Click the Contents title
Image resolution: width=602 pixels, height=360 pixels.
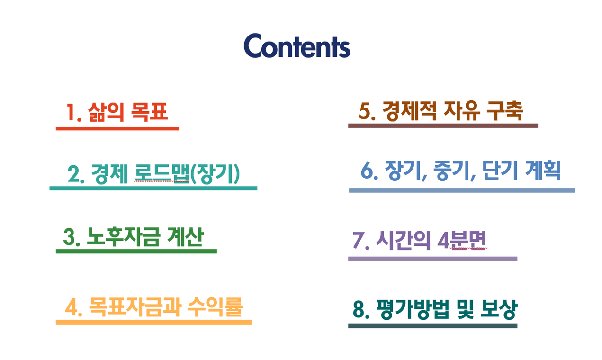[x=297, y=45]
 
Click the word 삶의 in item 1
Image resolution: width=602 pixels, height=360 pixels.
[x=106, y=112]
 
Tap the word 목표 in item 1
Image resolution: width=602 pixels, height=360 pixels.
[x=149, y=112]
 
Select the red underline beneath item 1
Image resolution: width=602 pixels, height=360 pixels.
[x=117, y=128]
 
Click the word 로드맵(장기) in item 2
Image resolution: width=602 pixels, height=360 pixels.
[x=187, y=174]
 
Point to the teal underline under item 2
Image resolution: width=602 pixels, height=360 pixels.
[x=153, y=188]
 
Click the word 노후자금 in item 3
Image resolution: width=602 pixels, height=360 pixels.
[x=123, y=237]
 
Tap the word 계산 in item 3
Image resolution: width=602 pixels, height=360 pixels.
[x=185, y=236]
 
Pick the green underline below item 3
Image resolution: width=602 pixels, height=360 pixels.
[x=136, y=252]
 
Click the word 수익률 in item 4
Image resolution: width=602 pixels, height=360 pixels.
[x=215, y=307]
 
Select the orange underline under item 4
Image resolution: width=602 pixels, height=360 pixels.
[x=154, y=323]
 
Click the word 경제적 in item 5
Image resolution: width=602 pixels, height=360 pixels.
[x=409, y=111]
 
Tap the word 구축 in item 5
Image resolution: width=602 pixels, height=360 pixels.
[x=505, y=111]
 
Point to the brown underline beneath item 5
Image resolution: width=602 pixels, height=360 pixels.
[x=443, y=126]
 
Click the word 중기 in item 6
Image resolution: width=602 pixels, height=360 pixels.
[x=454, y=171]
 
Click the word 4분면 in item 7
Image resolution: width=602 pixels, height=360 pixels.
[x=462, y=240]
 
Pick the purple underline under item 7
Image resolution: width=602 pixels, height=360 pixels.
[x=433, y=259]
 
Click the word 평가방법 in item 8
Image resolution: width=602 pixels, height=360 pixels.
[x=413, y=309]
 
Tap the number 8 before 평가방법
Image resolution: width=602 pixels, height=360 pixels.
[x=359, y=310]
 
